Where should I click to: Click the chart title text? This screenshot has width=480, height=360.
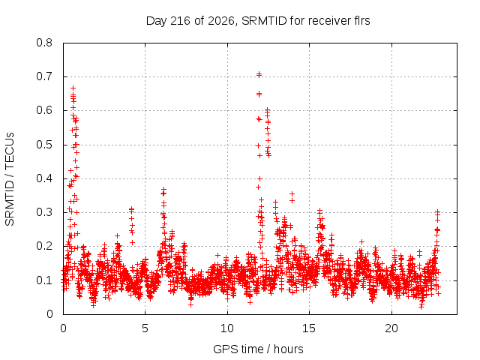click(258, 21)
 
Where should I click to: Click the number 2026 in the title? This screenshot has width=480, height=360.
click(220, 21)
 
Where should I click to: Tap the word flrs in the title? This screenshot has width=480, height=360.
click(361, 21)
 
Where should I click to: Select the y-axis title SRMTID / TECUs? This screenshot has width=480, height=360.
click(10, 179)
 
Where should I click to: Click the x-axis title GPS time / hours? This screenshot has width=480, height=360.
click(258, 349)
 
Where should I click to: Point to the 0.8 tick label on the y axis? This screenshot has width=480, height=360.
click(44, 43)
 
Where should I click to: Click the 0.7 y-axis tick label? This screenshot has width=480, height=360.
click(44, 76)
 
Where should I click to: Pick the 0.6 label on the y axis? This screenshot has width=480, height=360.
click(44, 110)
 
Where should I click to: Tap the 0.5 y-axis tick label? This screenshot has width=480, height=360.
click(44, 145)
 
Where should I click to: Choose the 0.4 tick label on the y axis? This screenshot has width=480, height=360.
click(44, 178)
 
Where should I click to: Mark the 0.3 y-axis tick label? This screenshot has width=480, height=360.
click(44, 212)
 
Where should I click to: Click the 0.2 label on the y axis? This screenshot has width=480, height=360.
click(44, 247)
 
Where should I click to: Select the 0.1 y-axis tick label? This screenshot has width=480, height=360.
click(44, 280)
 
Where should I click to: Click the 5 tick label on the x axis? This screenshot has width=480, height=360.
click(145, 328)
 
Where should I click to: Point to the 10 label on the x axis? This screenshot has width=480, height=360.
click(227, 328)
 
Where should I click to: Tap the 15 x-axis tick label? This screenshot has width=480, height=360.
click(309, 328)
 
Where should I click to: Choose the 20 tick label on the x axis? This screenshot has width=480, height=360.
click(391, 328)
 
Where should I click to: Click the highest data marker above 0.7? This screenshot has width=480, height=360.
click(259, 73)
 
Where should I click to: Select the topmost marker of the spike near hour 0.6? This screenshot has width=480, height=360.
click(73, 88)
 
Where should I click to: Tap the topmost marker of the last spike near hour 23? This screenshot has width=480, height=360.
click(437, 211)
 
